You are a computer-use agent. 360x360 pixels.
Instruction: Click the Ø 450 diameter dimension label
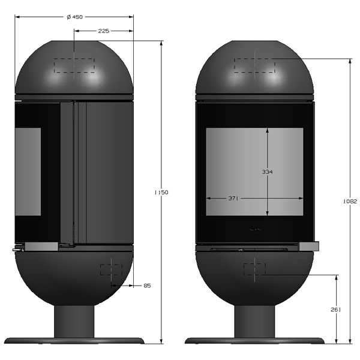74,17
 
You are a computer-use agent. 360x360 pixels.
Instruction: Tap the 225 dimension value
104,31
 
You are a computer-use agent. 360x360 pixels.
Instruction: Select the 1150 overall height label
161,193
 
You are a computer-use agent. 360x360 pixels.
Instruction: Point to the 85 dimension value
147,286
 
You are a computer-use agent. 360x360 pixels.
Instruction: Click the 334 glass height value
267,172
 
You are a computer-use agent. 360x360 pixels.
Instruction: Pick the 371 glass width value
233,199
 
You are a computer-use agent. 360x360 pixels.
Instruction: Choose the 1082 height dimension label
350,202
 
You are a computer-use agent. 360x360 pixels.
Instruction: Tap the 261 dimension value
335,310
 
